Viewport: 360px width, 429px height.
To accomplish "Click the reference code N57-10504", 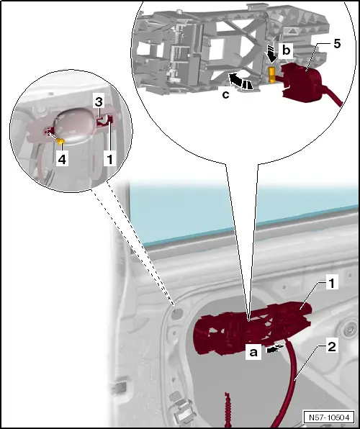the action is click(x=329, y=417).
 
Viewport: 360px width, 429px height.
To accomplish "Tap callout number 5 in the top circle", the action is click(x=337, y=44).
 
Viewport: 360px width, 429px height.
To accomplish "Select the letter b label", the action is click(x=286, y=50).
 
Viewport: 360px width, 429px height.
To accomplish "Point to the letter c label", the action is click(x=225, y=95).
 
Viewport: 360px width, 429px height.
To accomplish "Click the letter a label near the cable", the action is click(x=253, y=352).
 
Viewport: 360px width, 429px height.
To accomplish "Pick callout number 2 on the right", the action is click(x=331, y=347).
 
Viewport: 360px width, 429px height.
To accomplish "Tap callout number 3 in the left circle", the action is click(x=99, y=101).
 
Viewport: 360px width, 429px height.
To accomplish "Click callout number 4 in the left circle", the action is click(x=62, y=159).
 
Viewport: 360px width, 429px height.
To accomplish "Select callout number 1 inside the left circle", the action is click(x=109, y=159).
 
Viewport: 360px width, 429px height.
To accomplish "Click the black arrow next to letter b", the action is click(x=271, y=55).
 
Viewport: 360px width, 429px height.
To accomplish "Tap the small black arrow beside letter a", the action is click(x=274, y=348).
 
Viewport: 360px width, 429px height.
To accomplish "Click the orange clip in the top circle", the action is click(x=272, y=74).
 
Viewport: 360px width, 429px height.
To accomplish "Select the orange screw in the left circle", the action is click(x=60, y=141).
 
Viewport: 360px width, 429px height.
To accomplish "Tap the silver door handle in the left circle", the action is click(x=73, y=125).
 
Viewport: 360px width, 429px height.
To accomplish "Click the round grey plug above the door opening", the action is click(x=177, y=314).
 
